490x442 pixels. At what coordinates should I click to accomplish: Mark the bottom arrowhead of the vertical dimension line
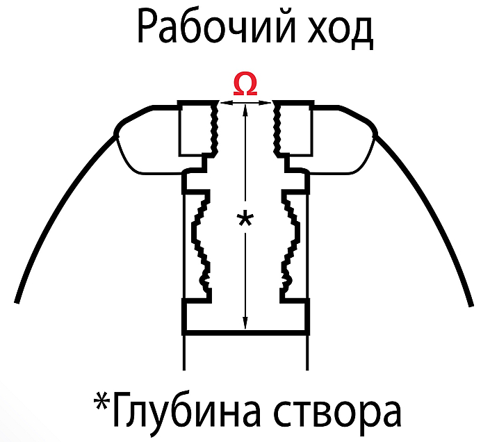pyautogui.click(x=245, y=323)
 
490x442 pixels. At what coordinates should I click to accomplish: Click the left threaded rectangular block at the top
pyautogui.click(x=198, y=128)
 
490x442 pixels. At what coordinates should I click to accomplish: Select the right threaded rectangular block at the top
pyautogui.click(x=293, y=128)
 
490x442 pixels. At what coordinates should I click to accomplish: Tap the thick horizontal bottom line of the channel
pyautogui.click(x=245, y=332)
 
